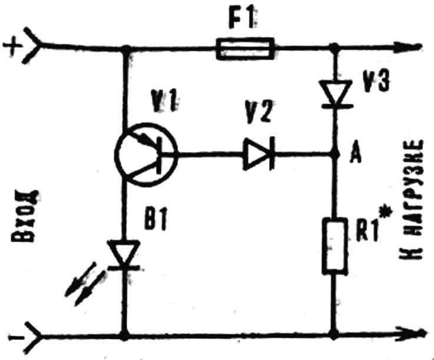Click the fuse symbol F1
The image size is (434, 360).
[245, 49]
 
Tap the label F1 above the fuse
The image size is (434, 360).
[240, 19]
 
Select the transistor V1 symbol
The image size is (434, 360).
[146, 154]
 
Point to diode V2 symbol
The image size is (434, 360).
[259, 154]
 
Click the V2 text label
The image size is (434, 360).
[258, 111]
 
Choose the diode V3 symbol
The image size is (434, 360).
[336, 93]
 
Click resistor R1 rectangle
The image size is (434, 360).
[335, 246]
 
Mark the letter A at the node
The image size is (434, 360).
[355, 155]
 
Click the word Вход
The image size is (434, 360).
[24, 216]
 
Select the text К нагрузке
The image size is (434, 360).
[411, 200]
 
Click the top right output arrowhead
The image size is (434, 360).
[412, 46]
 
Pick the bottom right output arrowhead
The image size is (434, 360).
[412, 332]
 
